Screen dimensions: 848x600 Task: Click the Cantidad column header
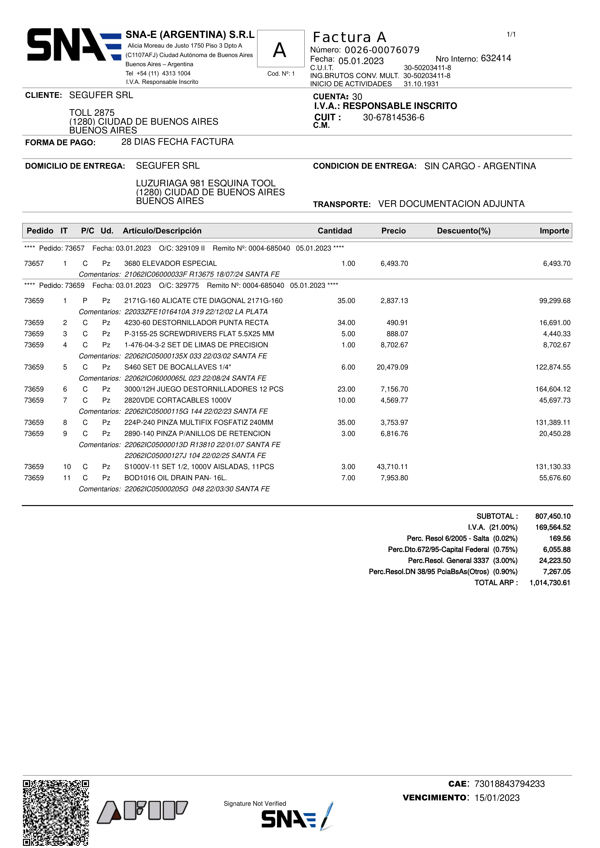[335, 231]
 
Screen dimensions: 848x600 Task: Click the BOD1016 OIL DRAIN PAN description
[176, 478]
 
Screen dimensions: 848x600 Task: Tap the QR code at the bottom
[56, 812]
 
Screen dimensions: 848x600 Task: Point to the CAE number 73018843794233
[510, 784]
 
